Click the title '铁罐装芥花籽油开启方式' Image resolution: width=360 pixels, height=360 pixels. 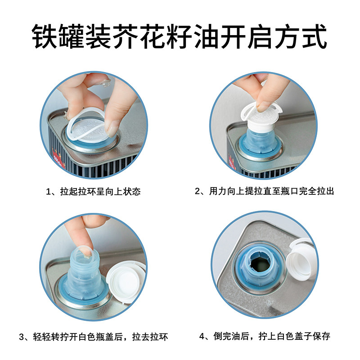click(179, 36)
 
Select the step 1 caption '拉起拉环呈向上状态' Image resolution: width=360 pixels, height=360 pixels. click(100, 192)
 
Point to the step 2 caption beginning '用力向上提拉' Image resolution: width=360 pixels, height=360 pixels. click(271, 191)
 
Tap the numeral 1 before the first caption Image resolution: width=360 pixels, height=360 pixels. click(49, 192)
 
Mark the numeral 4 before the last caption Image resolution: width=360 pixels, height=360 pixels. click(202, 337)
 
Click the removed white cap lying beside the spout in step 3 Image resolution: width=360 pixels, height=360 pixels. click(125, 281)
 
